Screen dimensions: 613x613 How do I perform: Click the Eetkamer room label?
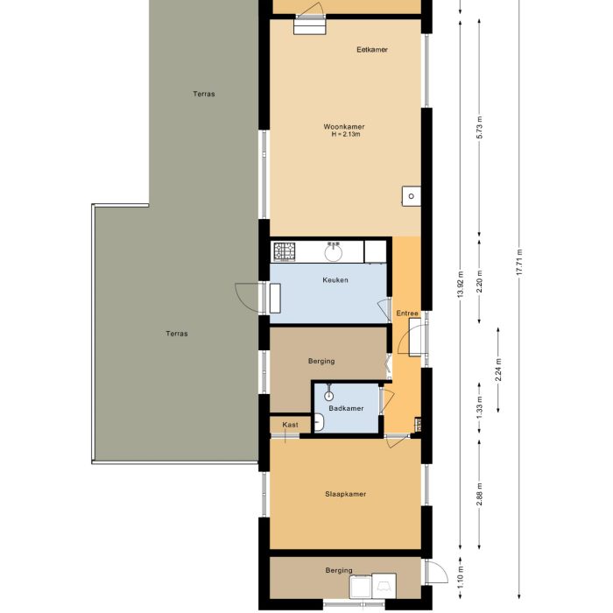[x=372, y=50]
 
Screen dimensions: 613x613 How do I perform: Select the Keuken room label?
[x=335, y=280]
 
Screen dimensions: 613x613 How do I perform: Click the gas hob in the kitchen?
[x=285, y=252]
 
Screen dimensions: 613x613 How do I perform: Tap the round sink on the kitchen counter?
[x=334, y=252]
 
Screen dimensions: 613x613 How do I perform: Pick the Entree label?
[x=407, y=314]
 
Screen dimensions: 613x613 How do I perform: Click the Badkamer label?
[x=346, y=409]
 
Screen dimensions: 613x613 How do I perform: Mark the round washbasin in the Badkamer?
[x=328, y=396]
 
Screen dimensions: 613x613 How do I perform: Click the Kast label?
[x=290, y=425]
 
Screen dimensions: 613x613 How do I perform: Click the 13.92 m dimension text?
[x=461, y=285]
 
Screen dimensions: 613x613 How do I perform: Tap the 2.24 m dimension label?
[x=498, y=370]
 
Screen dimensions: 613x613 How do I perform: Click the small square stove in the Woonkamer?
[x=411, y=195]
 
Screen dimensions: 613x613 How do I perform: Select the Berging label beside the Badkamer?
[x=321, y=361]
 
